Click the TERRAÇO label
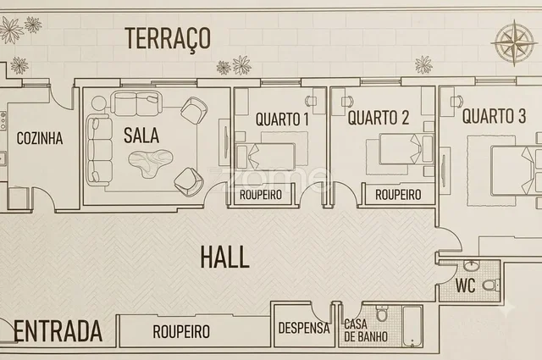point(168,38)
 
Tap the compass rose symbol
point(514,43)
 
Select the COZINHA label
point(40,138)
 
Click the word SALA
point(141,136)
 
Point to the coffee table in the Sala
point(151,163)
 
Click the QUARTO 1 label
point(282,119)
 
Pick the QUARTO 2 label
point(379,118)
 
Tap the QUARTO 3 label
point(495,116)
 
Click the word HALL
point(224,257)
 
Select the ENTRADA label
point(58,331)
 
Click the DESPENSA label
point(304,328)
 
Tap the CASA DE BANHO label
point(366,330)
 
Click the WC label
point(465,285)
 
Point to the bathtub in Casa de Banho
point(412,326)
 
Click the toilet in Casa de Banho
point(382,313)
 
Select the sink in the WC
point(471,266)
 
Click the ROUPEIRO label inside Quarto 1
point(261,195)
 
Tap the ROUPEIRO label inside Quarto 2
point(398,195)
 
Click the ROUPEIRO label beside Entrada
point(181,331)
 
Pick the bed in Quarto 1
point(265,157)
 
